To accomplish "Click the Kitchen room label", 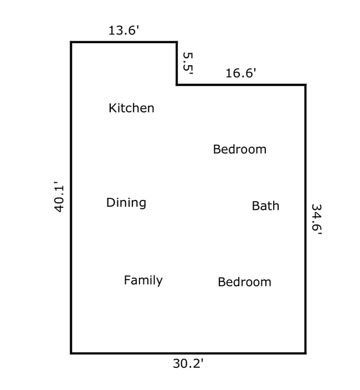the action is point(131,108).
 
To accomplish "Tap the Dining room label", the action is point(126,202).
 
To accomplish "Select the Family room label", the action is point(143,280).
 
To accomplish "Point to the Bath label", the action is point(265,206).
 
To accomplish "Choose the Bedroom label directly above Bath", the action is point(240,149).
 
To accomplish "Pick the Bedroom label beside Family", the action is point(245,282).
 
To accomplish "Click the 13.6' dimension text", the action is point(124,30).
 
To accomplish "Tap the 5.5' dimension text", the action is point(188,63).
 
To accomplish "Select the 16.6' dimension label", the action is point(241,73).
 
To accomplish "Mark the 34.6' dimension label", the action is point(317,219).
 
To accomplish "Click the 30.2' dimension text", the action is point(188,363).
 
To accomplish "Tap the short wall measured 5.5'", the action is point(177,63).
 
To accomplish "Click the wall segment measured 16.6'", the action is point(241,85).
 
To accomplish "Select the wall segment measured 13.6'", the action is point(124,42).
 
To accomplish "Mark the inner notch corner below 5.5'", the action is point(177,85).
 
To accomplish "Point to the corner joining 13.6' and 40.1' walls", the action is point(71,42).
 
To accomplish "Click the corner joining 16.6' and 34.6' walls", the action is point(306,85).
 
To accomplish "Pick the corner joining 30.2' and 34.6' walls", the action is point(306,353).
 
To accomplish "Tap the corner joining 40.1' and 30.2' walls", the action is point(71,353).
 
